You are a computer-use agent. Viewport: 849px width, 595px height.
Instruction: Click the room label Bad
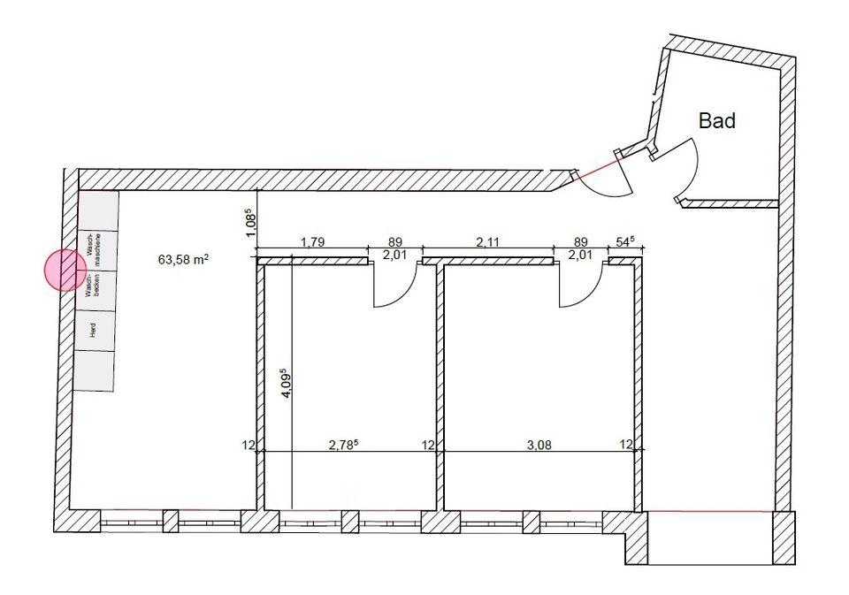click(717, 120)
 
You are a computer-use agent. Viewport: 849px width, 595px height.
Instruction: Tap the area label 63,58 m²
click(184, 259)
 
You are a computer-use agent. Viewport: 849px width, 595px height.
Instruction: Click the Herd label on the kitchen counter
click(93, 331)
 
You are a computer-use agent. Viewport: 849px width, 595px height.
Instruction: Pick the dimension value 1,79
click(312, 242)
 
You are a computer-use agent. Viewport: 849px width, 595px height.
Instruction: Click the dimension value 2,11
click(488, 242)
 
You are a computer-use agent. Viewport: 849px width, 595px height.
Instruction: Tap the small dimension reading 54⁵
click(625, 241)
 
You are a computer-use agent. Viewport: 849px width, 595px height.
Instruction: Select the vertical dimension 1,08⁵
click(250, 222)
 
